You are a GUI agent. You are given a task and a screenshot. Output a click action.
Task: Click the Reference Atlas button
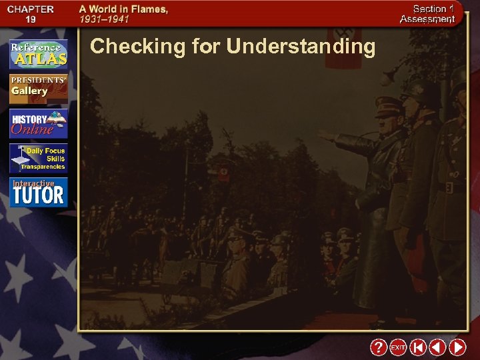pyautogui.click(x=38, y=54)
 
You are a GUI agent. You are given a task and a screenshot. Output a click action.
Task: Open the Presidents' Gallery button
pyautogui.click(x=38, y=87)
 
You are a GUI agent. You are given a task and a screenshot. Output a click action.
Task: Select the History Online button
pyautogui.click(x=38, y=123)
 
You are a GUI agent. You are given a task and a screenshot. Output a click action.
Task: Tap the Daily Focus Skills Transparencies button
pyautogui.click(x=38, y=159)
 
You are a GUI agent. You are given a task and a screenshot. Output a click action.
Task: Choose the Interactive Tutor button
pyautogui.click(x=38, y=192)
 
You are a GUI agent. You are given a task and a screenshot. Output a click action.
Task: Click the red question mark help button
pyautogui.click(x=378, y=347)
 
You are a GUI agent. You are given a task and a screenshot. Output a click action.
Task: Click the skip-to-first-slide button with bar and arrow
pyautogui.click(x=417, y=347)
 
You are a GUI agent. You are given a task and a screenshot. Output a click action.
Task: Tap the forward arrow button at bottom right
pyautogui.click(x=457, y=347)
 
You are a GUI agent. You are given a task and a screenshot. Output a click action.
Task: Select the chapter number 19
pyautogui.click(x=31, y=20)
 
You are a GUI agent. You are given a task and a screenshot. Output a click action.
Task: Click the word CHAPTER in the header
pyautogui.click(x=31, y=9)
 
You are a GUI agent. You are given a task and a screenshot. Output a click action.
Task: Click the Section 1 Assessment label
pyautogui.click(x=427, y=14)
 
